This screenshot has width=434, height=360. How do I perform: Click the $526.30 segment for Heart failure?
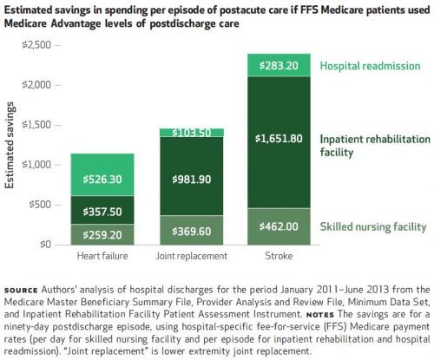coord(102,174)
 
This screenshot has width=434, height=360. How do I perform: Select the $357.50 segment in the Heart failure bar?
coord(102,210)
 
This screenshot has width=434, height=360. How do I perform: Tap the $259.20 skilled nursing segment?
coord(102,234)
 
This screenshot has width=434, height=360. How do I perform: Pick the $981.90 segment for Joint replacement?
coord(192,176)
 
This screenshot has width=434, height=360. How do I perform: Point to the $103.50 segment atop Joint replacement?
coord(192,133)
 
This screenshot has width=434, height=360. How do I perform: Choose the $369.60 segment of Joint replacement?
coord(192,230)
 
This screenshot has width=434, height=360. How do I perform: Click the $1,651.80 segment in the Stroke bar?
coord(279,142)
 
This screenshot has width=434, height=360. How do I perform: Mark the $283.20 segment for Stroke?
coord(279,65)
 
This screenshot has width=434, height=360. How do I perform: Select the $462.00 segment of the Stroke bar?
coord(279,226)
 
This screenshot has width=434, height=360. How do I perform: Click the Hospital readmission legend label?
coord(370,66)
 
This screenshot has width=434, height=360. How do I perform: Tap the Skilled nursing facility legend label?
coord(373,227)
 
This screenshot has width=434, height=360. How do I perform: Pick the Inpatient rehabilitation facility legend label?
coord(375,146)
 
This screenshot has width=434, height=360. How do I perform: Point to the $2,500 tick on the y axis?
coord(36,45)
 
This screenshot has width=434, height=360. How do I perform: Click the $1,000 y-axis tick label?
coord(36,165)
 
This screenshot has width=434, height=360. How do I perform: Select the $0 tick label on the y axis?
coord(45,245)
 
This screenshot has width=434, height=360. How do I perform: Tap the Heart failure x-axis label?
coord(102,256)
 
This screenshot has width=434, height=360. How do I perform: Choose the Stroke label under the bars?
coord(279,256)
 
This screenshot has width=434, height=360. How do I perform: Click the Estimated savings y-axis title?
coord(10,146)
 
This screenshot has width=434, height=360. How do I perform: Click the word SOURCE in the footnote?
coord(21,291)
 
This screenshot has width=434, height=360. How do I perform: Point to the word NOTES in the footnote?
coord(320,315)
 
